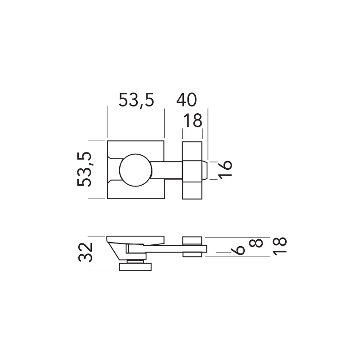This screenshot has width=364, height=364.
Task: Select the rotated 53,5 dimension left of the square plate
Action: click(x=85, y=169)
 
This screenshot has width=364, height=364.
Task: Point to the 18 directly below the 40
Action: click(x=192, y=121)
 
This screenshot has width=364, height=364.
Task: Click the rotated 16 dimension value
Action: click(x=225, y=169)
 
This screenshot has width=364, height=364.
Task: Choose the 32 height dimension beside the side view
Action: click(x=85, y=253)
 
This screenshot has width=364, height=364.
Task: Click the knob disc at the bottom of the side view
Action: click(x=135, y=267)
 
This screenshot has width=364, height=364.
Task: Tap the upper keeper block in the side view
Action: click(x=192, y=240)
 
